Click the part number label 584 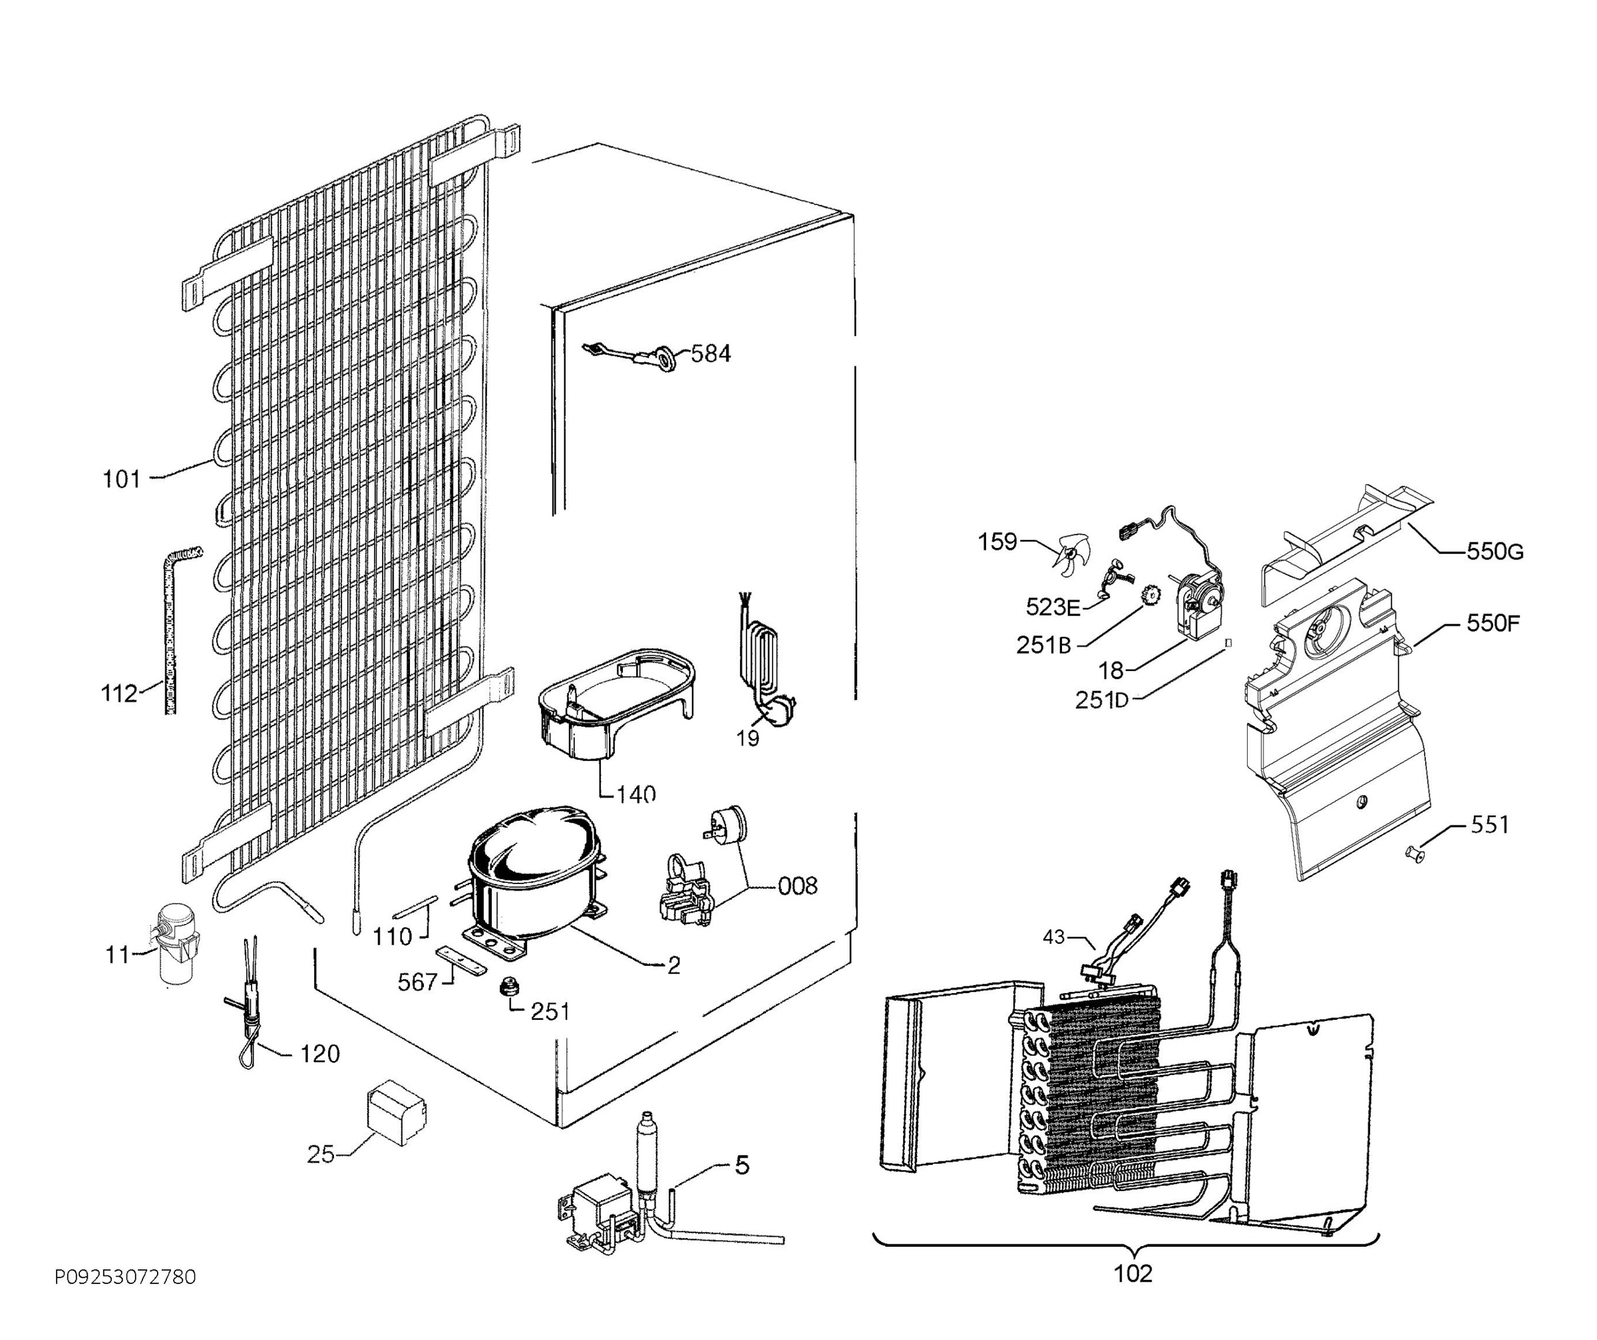pyautogui.click(x=709, y=354)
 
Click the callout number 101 pyautogui.click(x=122, y=479)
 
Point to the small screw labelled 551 pyautogui.click(x=1411, y=852)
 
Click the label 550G pyautogui.click(x=1495, y=552)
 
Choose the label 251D pyautogui.click(x=1102, y=700)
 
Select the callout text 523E pyautogui.click(x=1053, y=607)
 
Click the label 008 pyautogui.click(x=798, y=886)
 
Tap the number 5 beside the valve pyautogui.click(x=742, y=1165)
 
